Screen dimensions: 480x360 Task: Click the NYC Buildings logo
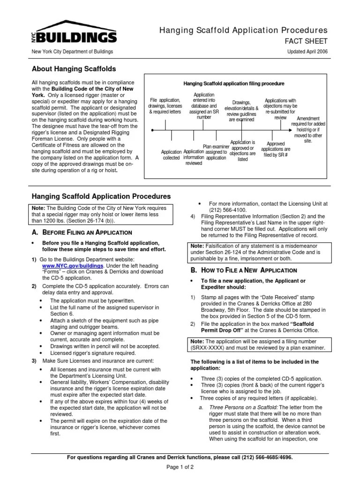click(x=74, y=32)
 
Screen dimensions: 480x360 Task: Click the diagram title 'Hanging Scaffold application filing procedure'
click(x=233, y=84)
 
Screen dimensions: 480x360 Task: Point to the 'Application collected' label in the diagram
click(x=171, y=155)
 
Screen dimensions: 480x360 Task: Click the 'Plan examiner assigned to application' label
click(x=217, y=152)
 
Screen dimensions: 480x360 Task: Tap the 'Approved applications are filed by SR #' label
click(x=275, y=150)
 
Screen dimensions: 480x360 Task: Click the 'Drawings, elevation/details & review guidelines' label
click(x=241, y=111)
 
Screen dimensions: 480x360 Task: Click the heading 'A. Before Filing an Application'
click(x=82, y=232)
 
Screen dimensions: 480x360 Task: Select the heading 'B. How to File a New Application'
click(x=243, y=270)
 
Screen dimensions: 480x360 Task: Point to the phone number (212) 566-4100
click(x=230, y=210)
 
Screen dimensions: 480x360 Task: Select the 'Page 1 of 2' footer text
click(x=180, y=467)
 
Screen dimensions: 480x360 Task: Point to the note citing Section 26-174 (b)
click(x=102, y=214)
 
